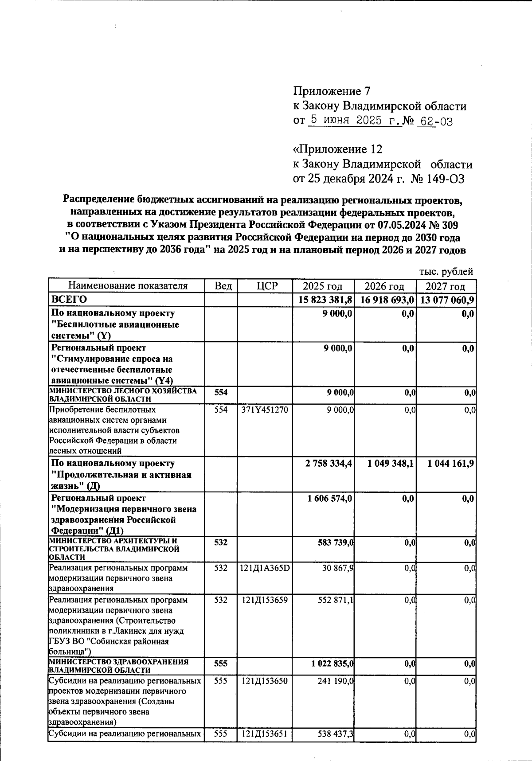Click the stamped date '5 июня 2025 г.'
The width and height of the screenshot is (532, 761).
point(354,120)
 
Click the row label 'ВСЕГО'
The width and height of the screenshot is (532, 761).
point(69,300)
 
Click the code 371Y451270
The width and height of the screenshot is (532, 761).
point(264,410)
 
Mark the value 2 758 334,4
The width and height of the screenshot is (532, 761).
point(329,464)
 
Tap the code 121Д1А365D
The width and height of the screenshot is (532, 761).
point(265,568)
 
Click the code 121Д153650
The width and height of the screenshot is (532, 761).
point(265,680)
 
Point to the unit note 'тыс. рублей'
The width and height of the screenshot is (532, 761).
point(446,271)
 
